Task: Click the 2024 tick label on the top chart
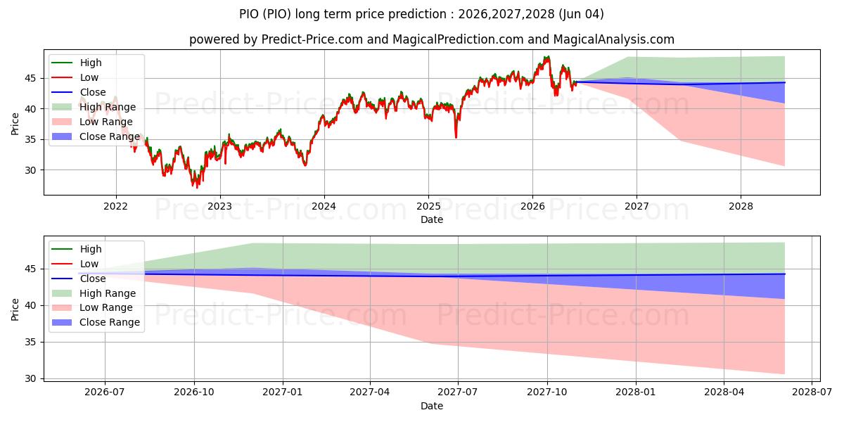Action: point(324,207)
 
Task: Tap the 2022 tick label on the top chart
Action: point(115,207)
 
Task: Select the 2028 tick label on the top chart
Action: point(741,207)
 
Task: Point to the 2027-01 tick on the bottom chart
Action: point(283,392)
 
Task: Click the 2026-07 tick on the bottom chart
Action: point(105,392)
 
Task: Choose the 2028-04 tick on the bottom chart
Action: point(724,392)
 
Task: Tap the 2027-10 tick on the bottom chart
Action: point(547,392)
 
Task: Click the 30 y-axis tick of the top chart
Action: point(30,170)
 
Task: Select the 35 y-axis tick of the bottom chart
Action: point(30,342)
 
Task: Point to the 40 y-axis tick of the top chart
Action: point(30,109)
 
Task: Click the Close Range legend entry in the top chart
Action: point(96,136)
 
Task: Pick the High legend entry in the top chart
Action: point(77,63)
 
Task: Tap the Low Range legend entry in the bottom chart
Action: point(92,308)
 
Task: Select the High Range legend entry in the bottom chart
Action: point(94,293)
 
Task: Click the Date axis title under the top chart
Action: point(432,219)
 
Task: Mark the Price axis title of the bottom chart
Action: point(15,309)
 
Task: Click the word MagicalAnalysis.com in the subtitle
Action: point(614,39)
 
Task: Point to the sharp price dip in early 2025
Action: point(456,137)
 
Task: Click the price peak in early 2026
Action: point(547,57)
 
